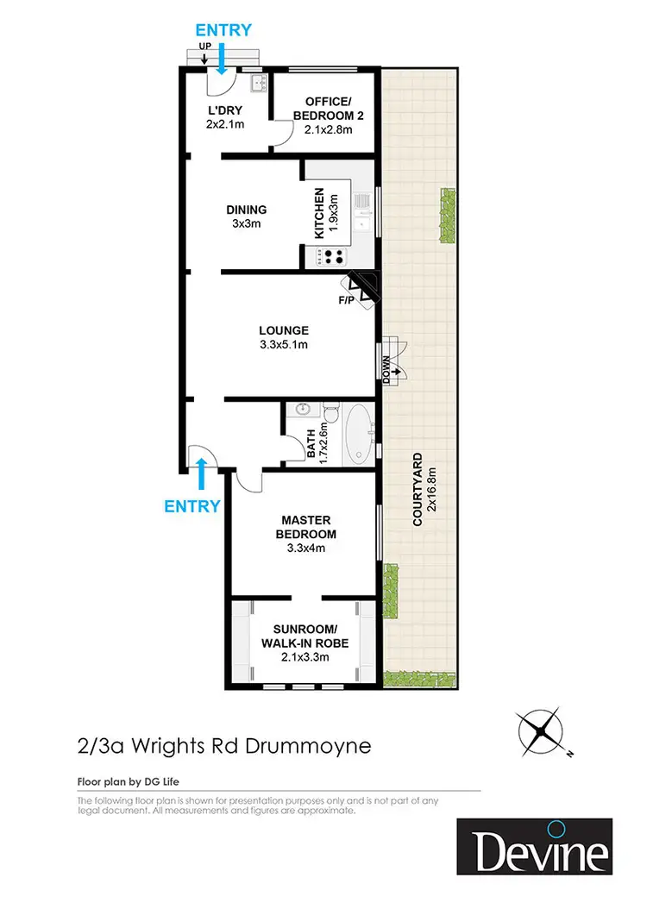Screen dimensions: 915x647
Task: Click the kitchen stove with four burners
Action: pos(333,256)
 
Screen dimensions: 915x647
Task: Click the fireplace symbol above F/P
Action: pos(361,288)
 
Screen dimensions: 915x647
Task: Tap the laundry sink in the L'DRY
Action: pos(256,83)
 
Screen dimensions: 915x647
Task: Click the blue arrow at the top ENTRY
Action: pos(222,60)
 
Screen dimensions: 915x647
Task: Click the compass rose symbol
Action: pos(543,731)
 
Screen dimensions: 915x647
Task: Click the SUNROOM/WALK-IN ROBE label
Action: pos(306,642)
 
